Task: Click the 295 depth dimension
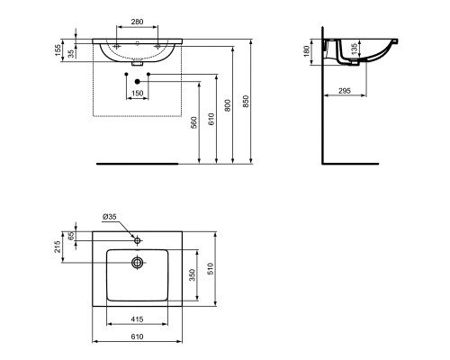click(344, 90)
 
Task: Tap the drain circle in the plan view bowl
click(138, 263)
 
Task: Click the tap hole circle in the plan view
click(138, 240)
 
